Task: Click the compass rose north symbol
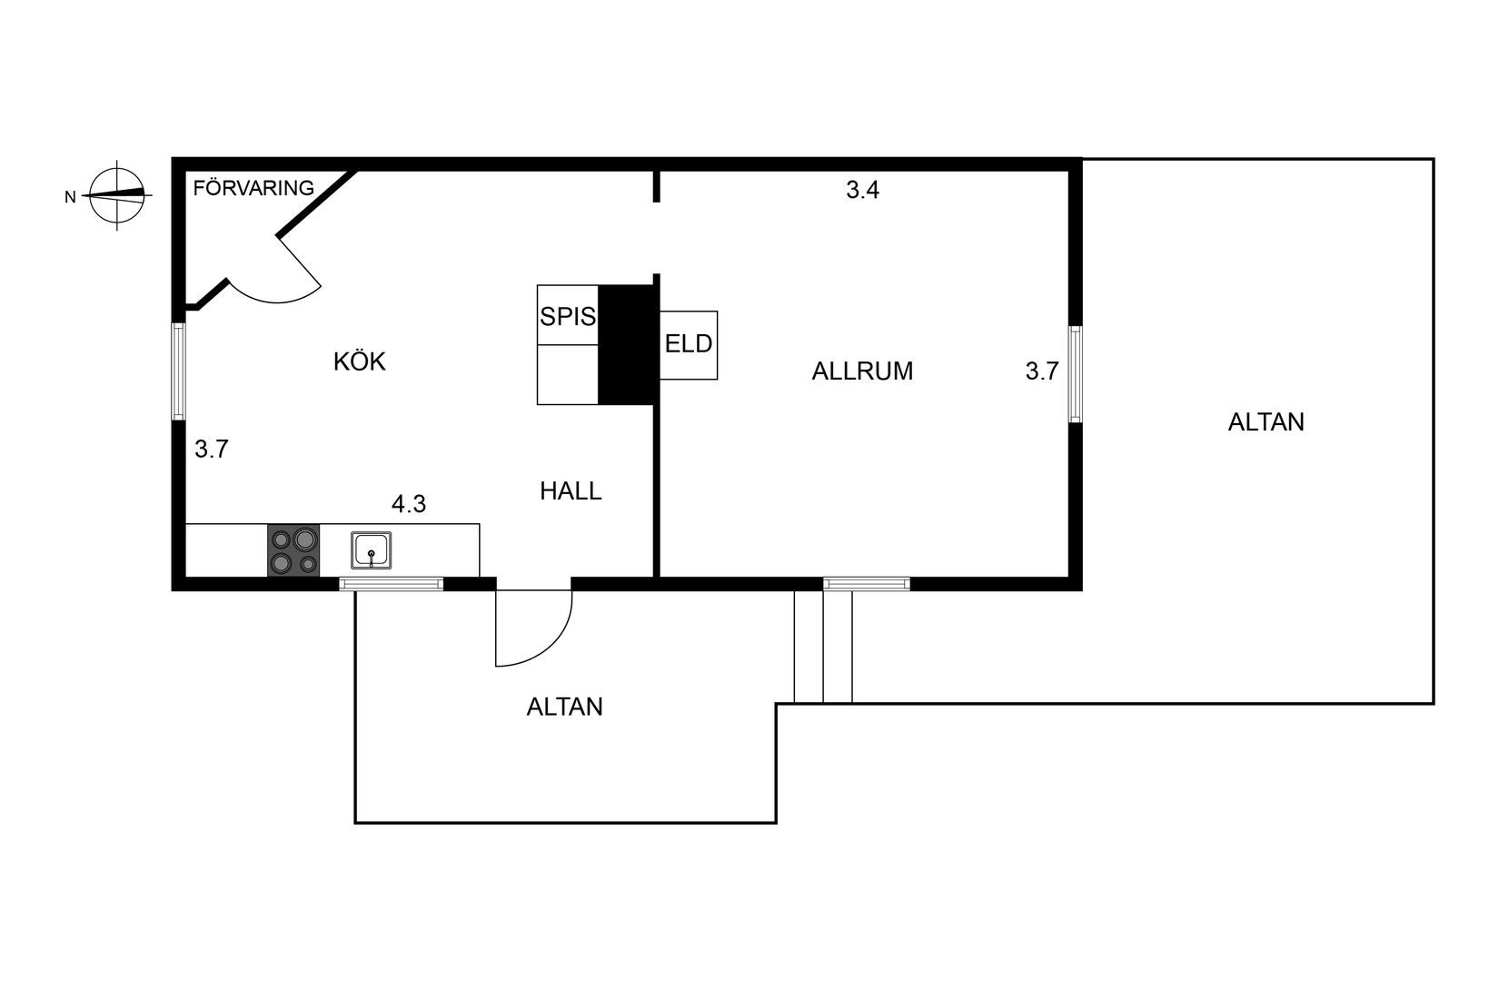(x=117, y=194)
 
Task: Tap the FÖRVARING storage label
(x=253, y=188)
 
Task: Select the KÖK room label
(x=360, y=361)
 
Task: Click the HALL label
(x=571, y=491)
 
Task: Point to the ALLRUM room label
(x=862, y=371)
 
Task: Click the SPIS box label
(x=568, y=316)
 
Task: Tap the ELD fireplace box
(x=689, y=345)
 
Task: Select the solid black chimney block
(x=627, y=344)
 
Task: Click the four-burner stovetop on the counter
(x=293, y=550)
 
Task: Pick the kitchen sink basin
(x=372, y=550)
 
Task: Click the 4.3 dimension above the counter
(x=409, y=504)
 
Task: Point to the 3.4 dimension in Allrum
(x=862, y=191)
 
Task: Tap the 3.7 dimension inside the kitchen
(x=212, y=449)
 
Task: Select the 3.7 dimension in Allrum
(x=1042, y=371)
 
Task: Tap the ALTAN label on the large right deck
(x=1266, y=422)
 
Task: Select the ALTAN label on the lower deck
(x=564, y=707)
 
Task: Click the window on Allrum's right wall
(x=1075, y=373)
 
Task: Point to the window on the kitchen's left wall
(x=179, y=371)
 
